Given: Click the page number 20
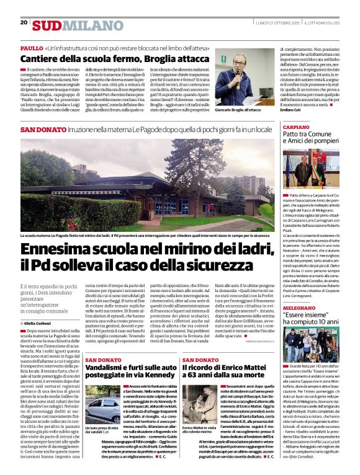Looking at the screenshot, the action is point(24,22).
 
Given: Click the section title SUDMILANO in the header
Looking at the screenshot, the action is point(70,25).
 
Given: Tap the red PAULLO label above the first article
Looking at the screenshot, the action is point(32,48).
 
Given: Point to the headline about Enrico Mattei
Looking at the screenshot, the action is point(225,373).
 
